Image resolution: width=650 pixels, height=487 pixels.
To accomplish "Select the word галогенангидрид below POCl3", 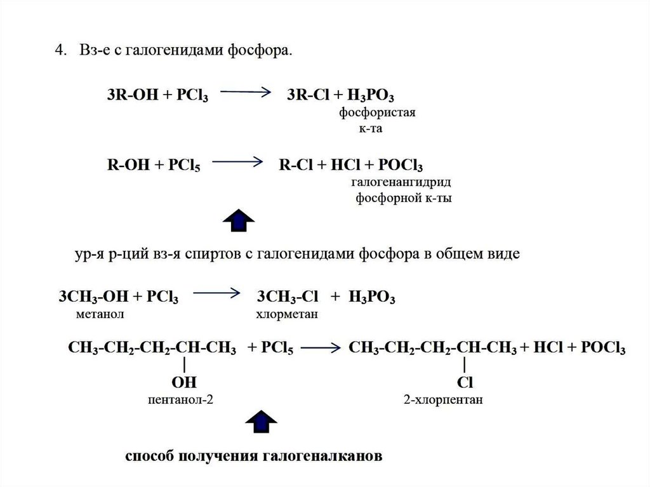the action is (401, 183).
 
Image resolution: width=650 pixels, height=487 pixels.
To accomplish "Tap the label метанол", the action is (96, 314).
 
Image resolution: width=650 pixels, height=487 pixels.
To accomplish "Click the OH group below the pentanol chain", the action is (184, 383).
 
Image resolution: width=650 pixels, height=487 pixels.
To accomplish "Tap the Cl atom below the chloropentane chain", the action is (466, 383).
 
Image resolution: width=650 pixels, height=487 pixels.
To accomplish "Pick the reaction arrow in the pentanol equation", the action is (321, 348).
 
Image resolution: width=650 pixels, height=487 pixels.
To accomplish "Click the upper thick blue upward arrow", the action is (239, 219).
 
